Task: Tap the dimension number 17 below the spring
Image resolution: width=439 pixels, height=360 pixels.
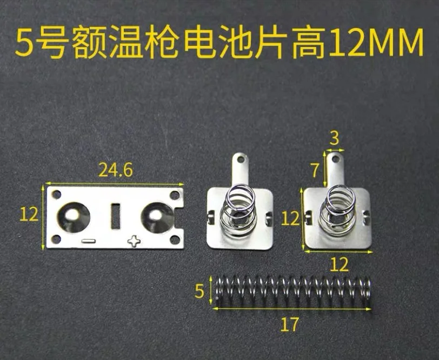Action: (290, 324)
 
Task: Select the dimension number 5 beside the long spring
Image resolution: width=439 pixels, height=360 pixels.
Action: (200, 291)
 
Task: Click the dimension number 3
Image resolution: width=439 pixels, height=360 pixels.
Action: (335, 138)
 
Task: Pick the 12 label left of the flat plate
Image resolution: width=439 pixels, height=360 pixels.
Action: (29, 215)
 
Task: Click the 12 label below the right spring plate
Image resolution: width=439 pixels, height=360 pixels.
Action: (339, 264)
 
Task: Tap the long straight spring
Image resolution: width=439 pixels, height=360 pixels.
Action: (292, 292)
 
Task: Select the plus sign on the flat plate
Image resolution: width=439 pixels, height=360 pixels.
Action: (134, 241)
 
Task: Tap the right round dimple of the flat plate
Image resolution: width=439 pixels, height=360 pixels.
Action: (156, 217)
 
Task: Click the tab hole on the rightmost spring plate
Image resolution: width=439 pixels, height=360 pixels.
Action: (335, 159)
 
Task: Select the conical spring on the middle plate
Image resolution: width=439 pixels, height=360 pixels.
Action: (239, 211)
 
